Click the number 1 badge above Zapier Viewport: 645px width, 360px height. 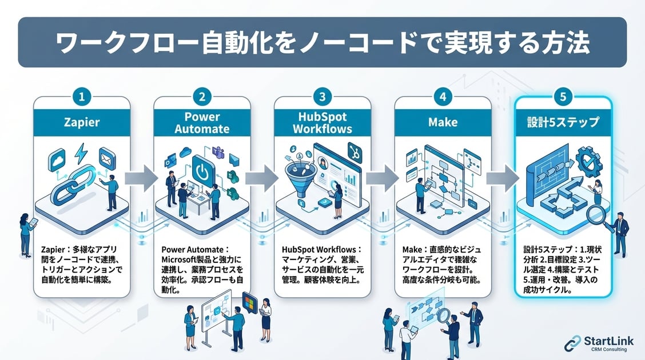click(x=82, y=97)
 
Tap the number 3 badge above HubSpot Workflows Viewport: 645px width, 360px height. click(x=322, y=97)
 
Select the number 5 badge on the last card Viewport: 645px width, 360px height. click(x=563, y=97)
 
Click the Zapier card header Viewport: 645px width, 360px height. click(x=82, y=123)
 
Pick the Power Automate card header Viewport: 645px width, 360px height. click(x=202, y=122)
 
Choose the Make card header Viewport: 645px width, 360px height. click(x=443, y=123)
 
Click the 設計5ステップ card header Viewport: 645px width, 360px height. click(x=563, y=123)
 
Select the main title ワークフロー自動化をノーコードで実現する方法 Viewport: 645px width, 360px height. click(x=322, y=43)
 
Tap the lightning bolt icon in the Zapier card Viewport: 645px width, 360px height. click(x=81, y=152)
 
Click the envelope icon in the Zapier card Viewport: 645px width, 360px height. click(x=107, y=155)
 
